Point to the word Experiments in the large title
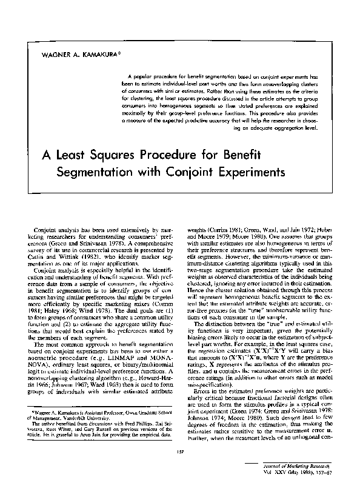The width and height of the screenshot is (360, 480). click(249, 173)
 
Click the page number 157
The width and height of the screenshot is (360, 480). click(180, 435)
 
